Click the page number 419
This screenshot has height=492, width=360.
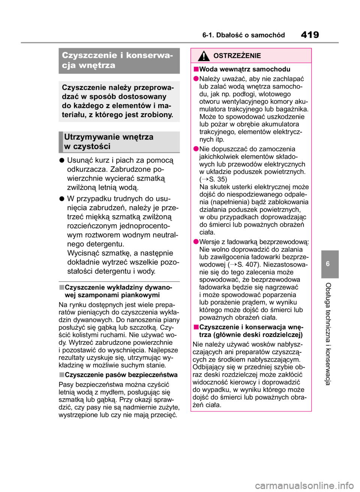[310, 35]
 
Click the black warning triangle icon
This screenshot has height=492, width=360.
[203, 56]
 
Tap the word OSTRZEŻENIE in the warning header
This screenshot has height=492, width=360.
[237, 56]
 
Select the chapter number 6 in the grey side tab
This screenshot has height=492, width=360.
[328, 264]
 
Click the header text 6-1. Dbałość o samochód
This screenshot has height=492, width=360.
[243, 35]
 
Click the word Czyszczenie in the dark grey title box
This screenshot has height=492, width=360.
[89, 55]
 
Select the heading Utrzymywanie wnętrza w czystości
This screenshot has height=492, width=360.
[109, 142]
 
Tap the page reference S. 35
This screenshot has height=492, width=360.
[218, 179]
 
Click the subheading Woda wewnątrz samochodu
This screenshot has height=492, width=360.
[244, 69]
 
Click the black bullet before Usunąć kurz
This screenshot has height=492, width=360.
[61, 160]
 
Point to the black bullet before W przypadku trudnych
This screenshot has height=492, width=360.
[61, 199]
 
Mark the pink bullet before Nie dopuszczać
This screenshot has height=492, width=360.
[196, 149]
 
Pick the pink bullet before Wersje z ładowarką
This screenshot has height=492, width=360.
[196, 242]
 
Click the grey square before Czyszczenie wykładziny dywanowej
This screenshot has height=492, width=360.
[61, 287]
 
